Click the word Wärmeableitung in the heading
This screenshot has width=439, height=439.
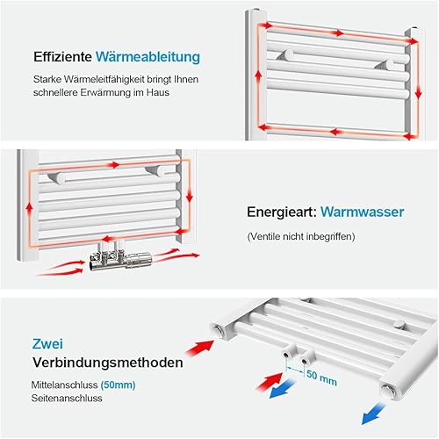(x=148, y=57)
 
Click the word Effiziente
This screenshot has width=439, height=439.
(x=62, y=56)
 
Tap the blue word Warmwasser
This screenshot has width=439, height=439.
(x=363, y=212)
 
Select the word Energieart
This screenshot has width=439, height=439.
(x=282, y=212)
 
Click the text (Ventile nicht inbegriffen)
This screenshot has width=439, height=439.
(x=301, y=236)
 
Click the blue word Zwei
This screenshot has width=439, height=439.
(x=47, y=344)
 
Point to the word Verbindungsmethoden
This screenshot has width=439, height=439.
(x=108, y=363)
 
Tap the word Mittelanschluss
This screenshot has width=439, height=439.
(x=64, y=385)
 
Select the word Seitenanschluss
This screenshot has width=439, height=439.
(x=67, y=398)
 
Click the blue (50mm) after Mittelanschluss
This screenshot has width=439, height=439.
(x=118, y=385)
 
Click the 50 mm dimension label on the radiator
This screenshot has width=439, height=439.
(x=321, y=378)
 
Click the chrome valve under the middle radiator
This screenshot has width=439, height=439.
(x=120, y=256)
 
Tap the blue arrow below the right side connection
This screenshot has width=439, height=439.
(x=374, y=414)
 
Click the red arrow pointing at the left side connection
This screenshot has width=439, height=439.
(x=200, y=348)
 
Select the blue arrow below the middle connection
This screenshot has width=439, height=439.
(x=282, y=388)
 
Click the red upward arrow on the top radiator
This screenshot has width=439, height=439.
(x=258, y=78)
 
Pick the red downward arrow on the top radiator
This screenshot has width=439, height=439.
(x=419, y=93)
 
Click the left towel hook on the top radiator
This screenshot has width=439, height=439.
(x=285, y=55)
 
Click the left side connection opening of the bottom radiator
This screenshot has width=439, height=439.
(x=219, y=329)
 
